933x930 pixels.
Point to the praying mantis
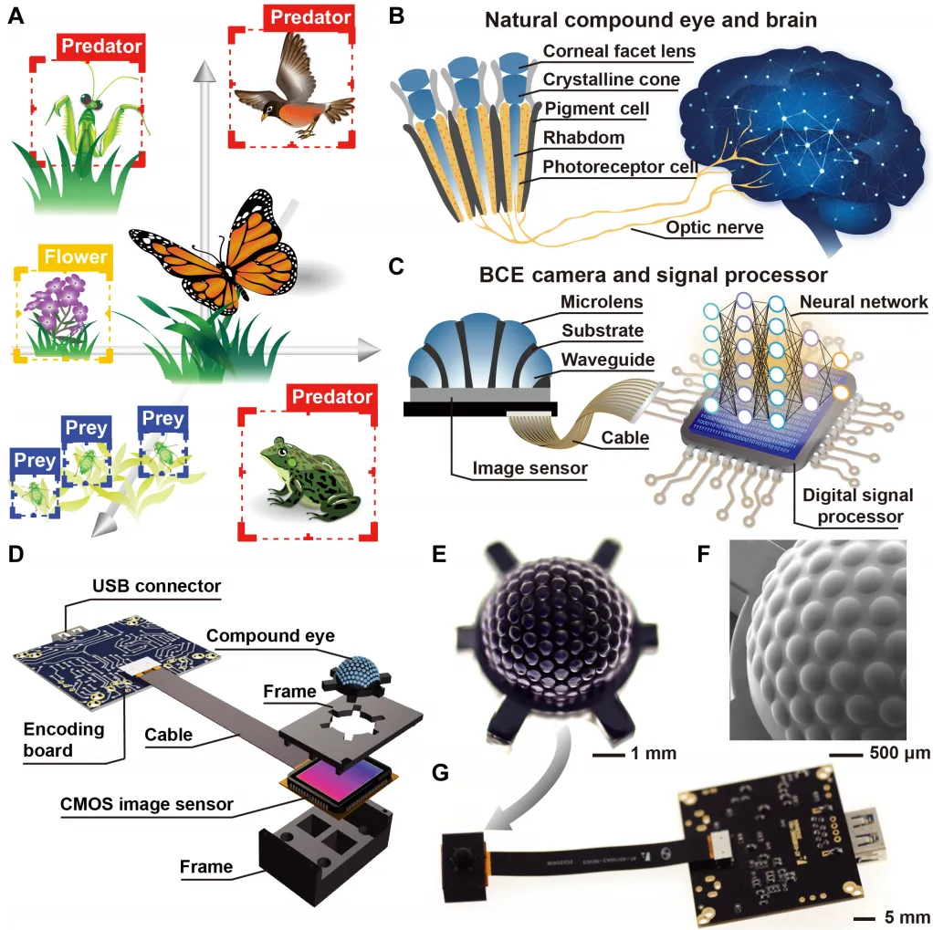click(x=88, y=118)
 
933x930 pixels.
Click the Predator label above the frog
click(x=331, y=397)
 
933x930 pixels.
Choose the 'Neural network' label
click(x=863, y=300)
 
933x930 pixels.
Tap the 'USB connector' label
click(x=155, y=584)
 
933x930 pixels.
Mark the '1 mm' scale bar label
click(x=651, y=755)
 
